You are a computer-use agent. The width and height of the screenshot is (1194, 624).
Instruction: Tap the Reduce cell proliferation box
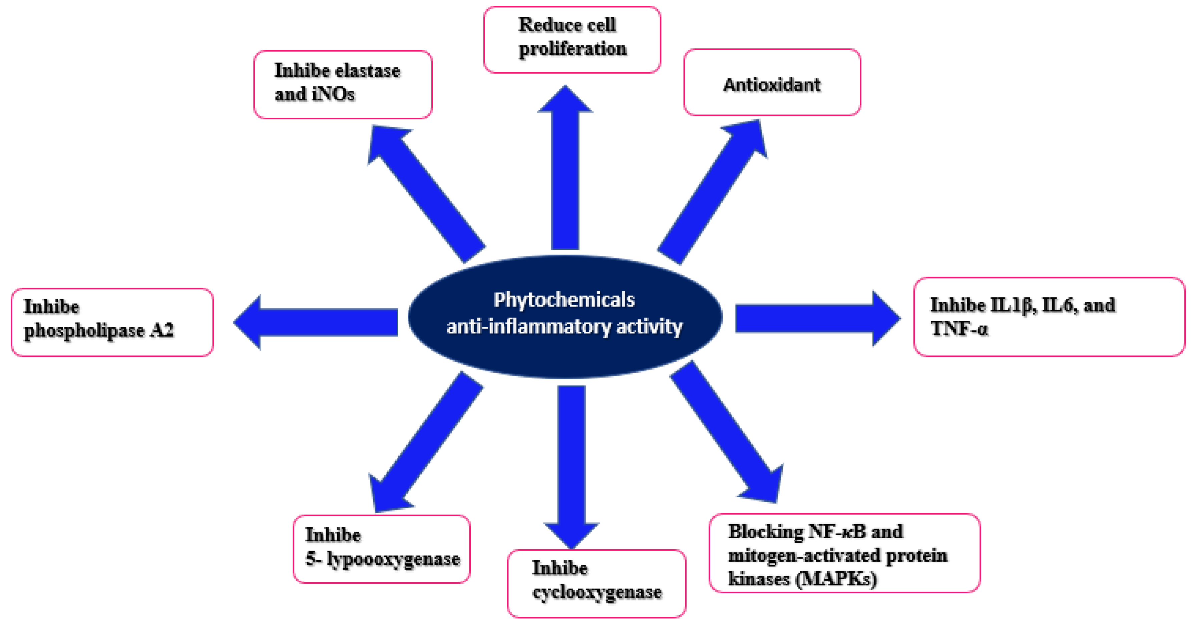(571, 39)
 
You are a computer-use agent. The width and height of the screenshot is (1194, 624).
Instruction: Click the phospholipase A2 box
(112, 322)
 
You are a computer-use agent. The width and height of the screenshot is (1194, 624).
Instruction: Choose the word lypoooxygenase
(393, 559)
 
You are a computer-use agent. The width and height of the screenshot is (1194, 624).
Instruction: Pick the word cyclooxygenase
(597, 592)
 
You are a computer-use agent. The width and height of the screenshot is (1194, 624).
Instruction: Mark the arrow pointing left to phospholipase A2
(320, 322)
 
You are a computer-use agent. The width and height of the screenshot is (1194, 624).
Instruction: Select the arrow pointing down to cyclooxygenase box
(571, 463)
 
